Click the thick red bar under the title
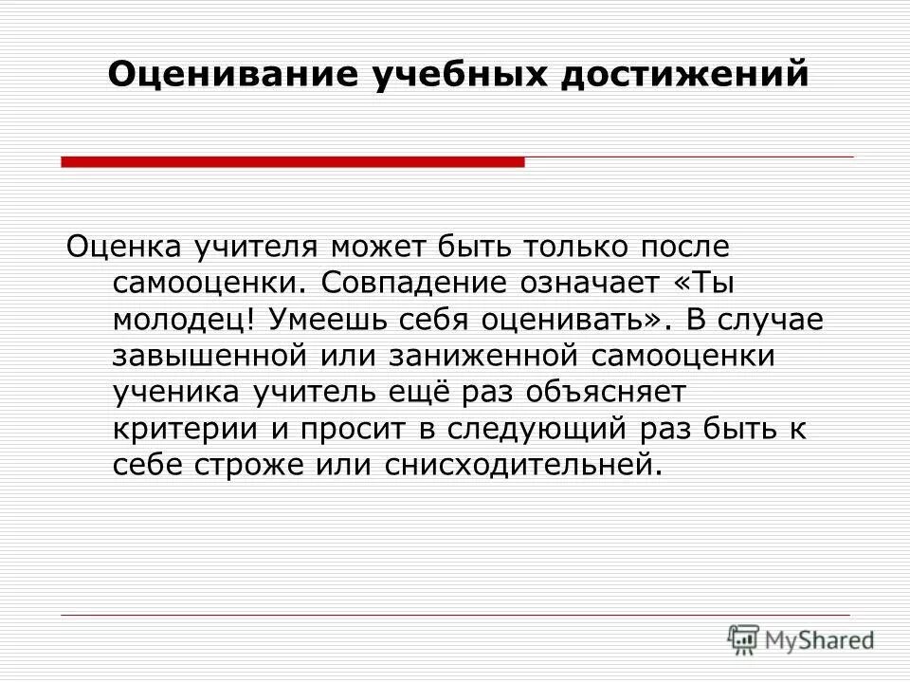pos(292,162)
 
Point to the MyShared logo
pos(801,638)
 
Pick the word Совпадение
pos(422,283)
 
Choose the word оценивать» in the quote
pos(560,319)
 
